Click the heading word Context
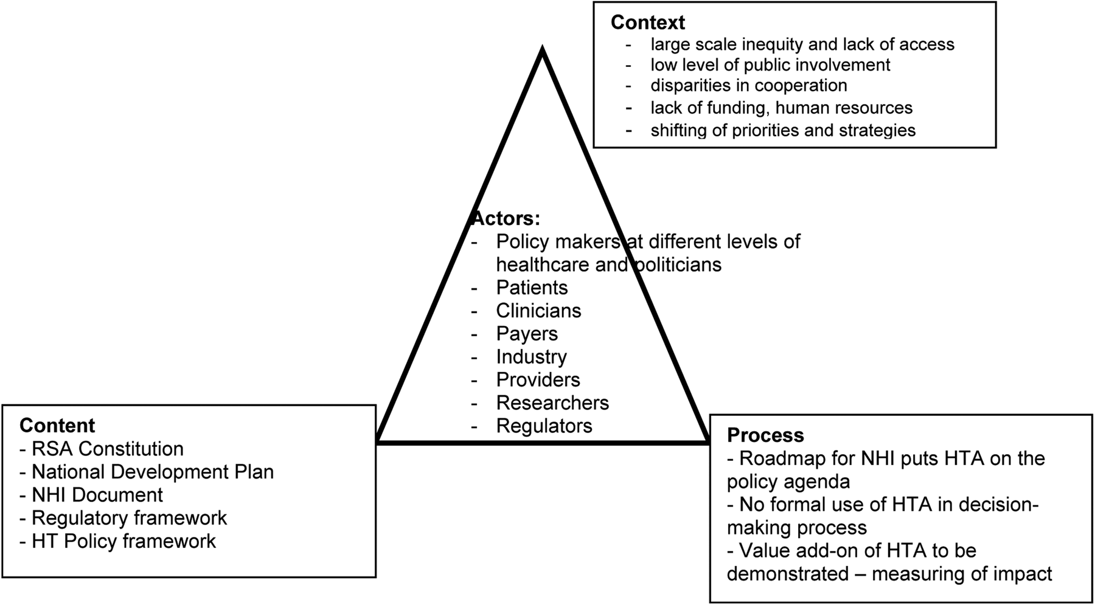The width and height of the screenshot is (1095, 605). pos(647,22)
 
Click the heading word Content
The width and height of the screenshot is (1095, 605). pos(57,425)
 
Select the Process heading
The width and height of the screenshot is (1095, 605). pos(765,435)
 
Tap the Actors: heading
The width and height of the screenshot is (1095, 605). pos(506,218)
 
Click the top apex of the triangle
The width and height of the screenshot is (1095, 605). pos(542,50)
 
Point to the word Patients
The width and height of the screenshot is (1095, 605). pos(532,288)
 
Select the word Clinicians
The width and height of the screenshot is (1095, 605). pos(538,311)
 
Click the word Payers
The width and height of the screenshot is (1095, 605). pos(527,334)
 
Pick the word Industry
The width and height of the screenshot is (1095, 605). pos(531,357)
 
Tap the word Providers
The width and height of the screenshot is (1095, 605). pos(538,380)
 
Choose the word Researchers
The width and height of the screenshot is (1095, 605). pos(552,403)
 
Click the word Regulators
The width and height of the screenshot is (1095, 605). pos(544,426)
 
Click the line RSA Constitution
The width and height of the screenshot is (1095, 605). pos(107,449)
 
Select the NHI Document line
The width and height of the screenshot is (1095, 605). pos(97,495)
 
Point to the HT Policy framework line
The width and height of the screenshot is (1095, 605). pos(123,541)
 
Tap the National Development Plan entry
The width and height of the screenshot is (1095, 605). pos(152,472)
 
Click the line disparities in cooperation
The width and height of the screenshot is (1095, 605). pos(748,85)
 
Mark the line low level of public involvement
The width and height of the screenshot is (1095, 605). pos(770,64)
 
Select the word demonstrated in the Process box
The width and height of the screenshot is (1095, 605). pos(788,574)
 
